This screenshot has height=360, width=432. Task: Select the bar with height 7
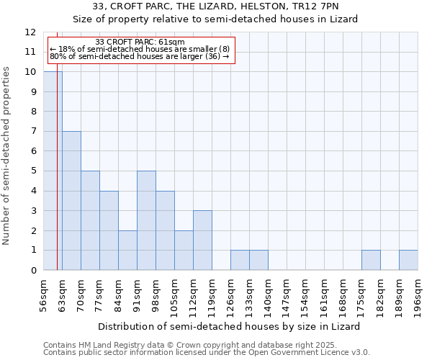point(71,201)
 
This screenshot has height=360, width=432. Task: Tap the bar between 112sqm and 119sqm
point(202,240)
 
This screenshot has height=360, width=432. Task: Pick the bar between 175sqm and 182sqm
point(371,260)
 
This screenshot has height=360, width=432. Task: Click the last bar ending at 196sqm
point(408,260)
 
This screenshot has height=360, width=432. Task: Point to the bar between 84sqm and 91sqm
point(127,251)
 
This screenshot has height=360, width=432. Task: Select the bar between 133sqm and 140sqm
point(258,260)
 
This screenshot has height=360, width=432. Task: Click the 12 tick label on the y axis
point(30,32)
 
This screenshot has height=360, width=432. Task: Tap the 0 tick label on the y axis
point(33,271)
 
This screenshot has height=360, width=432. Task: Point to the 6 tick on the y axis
point(33,151)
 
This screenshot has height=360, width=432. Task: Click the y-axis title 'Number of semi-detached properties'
point(7,156)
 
